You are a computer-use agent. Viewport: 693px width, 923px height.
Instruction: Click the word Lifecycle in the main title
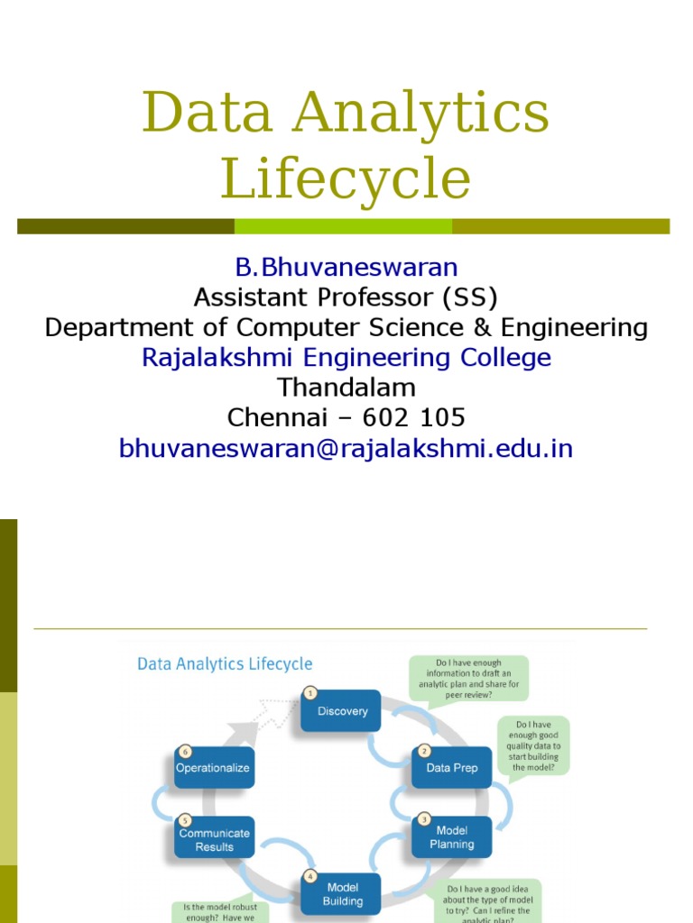[346, 178]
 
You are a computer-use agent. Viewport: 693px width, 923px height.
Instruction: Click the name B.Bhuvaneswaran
[346, 267]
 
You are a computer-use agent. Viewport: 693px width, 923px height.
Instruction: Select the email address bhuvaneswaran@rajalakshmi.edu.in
[346, 448]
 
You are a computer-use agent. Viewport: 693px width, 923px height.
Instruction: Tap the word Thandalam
[346, 388]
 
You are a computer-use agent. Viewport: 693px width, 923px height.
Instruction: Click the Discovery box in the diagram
[343, 711]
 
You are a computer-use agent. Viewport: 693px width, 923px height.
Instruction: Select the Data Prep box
[451, 768]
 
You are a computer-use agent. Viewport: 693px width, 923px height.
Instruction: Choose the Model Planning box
[451, 837]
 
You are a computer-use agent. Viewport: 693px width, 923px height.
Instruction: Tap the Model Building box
[343, 894]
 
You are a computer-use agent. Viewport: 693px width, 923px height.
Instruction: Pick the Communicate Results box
[214, 839]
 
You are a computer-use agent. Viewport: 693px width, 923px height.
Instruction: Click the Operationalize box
[213, 769]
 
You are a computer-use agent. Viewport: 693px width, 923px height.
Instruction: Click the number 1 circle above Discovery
[310, 693]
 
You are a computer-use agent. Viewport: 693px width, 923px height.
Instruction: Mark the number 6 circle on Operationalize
[184, 751]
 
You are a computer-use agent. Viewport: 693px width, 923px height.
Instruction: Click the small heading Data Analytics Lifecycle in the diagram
[225, 664]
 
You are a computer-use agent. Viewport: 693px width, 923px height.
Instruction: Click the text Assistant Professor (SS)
[346, 297]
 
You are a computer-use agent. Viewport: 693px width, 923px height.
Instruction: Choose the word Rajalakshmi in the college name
[218, 358]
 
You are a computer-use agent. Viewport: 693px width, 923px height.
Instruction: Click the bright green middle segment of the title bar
[343, 226]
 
